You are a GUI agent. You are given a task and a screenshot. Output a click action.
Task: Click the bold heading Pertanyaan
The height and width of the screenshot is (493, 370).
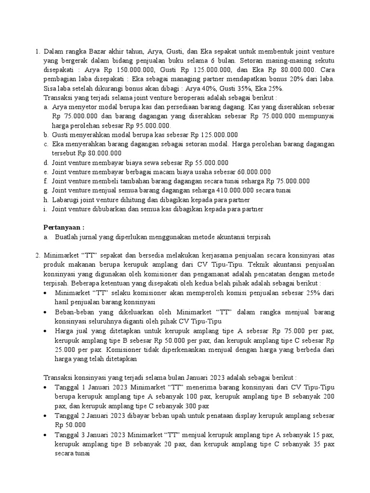[x=64, y=227]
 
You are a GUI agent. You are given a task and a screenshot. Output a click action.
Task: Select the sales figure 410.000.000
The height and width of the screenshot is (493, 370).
[x=211, y=190]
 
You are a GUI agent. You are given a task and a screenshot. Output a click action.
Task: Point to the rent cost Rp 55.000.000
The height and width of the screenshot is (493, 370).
[x=204, y=163]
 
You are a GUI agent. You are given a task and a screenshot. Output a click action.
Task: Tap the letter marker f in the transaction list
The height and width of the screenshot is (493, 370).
[x=45, y=181]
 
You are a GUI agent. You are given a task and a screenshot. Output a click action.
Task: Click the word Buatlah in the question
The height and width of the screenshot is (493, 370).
[x=66, y=237]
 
